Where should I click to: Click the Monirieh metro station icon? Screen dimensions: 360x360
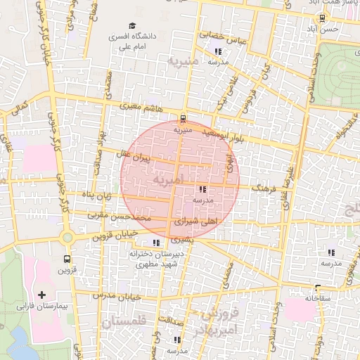[184, 118]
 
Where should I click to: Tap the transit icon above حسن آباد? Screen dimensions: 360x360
[322, 18]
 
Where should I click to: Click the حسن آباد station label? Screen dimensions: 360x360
[328, 29]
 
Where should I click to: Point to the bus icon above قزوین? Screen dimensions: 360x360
[67, 258]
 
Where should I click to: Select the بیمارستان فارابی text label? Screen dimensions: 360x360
[41, 307]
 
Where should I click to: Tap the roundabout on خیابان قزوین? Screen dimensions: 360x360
[67, 238]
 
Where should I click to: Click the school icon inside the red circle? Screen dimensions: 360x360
[202, 189]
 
